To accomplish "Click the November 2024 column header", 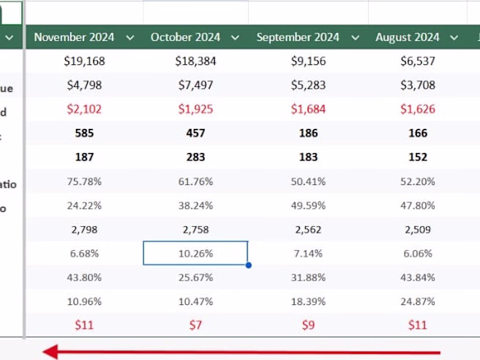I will (x=74, y=38).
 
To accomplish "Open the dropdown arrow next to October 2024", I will (x=235, y=38).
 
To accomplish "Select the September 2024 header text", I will (x=298, y=38).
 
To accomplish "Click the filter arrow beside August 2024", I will (x=454, y=38).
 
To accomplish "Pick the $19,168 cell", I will (x=84, y=61).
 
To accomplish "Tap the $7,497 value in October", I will (x=195, y=85).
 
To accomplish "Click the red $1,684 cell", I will (x=308, y=109).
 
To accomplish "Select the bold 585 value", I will (x=84, y=133).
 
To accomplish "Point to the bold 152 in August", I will (x=418, y=157).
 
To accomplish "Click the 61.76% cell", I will (x=195, y=181).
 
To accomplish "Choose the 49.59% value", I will (x=308, y=205).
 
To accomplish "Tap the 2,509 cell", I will (x=418, y=229).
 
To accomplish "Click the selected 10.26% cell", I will (x=195, y=253).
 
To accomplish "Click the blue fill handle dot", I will (x=248, y=265).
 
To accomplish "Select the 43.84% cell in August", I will (x=418, y=277).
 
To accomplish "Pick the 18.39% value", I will (x=308, y=301).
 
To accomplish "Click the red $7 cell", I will (x=195, y=325).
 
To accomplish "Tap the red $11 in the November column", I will (x=84, y=325).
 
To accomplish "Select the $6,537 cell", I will (x=418, y=61).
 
